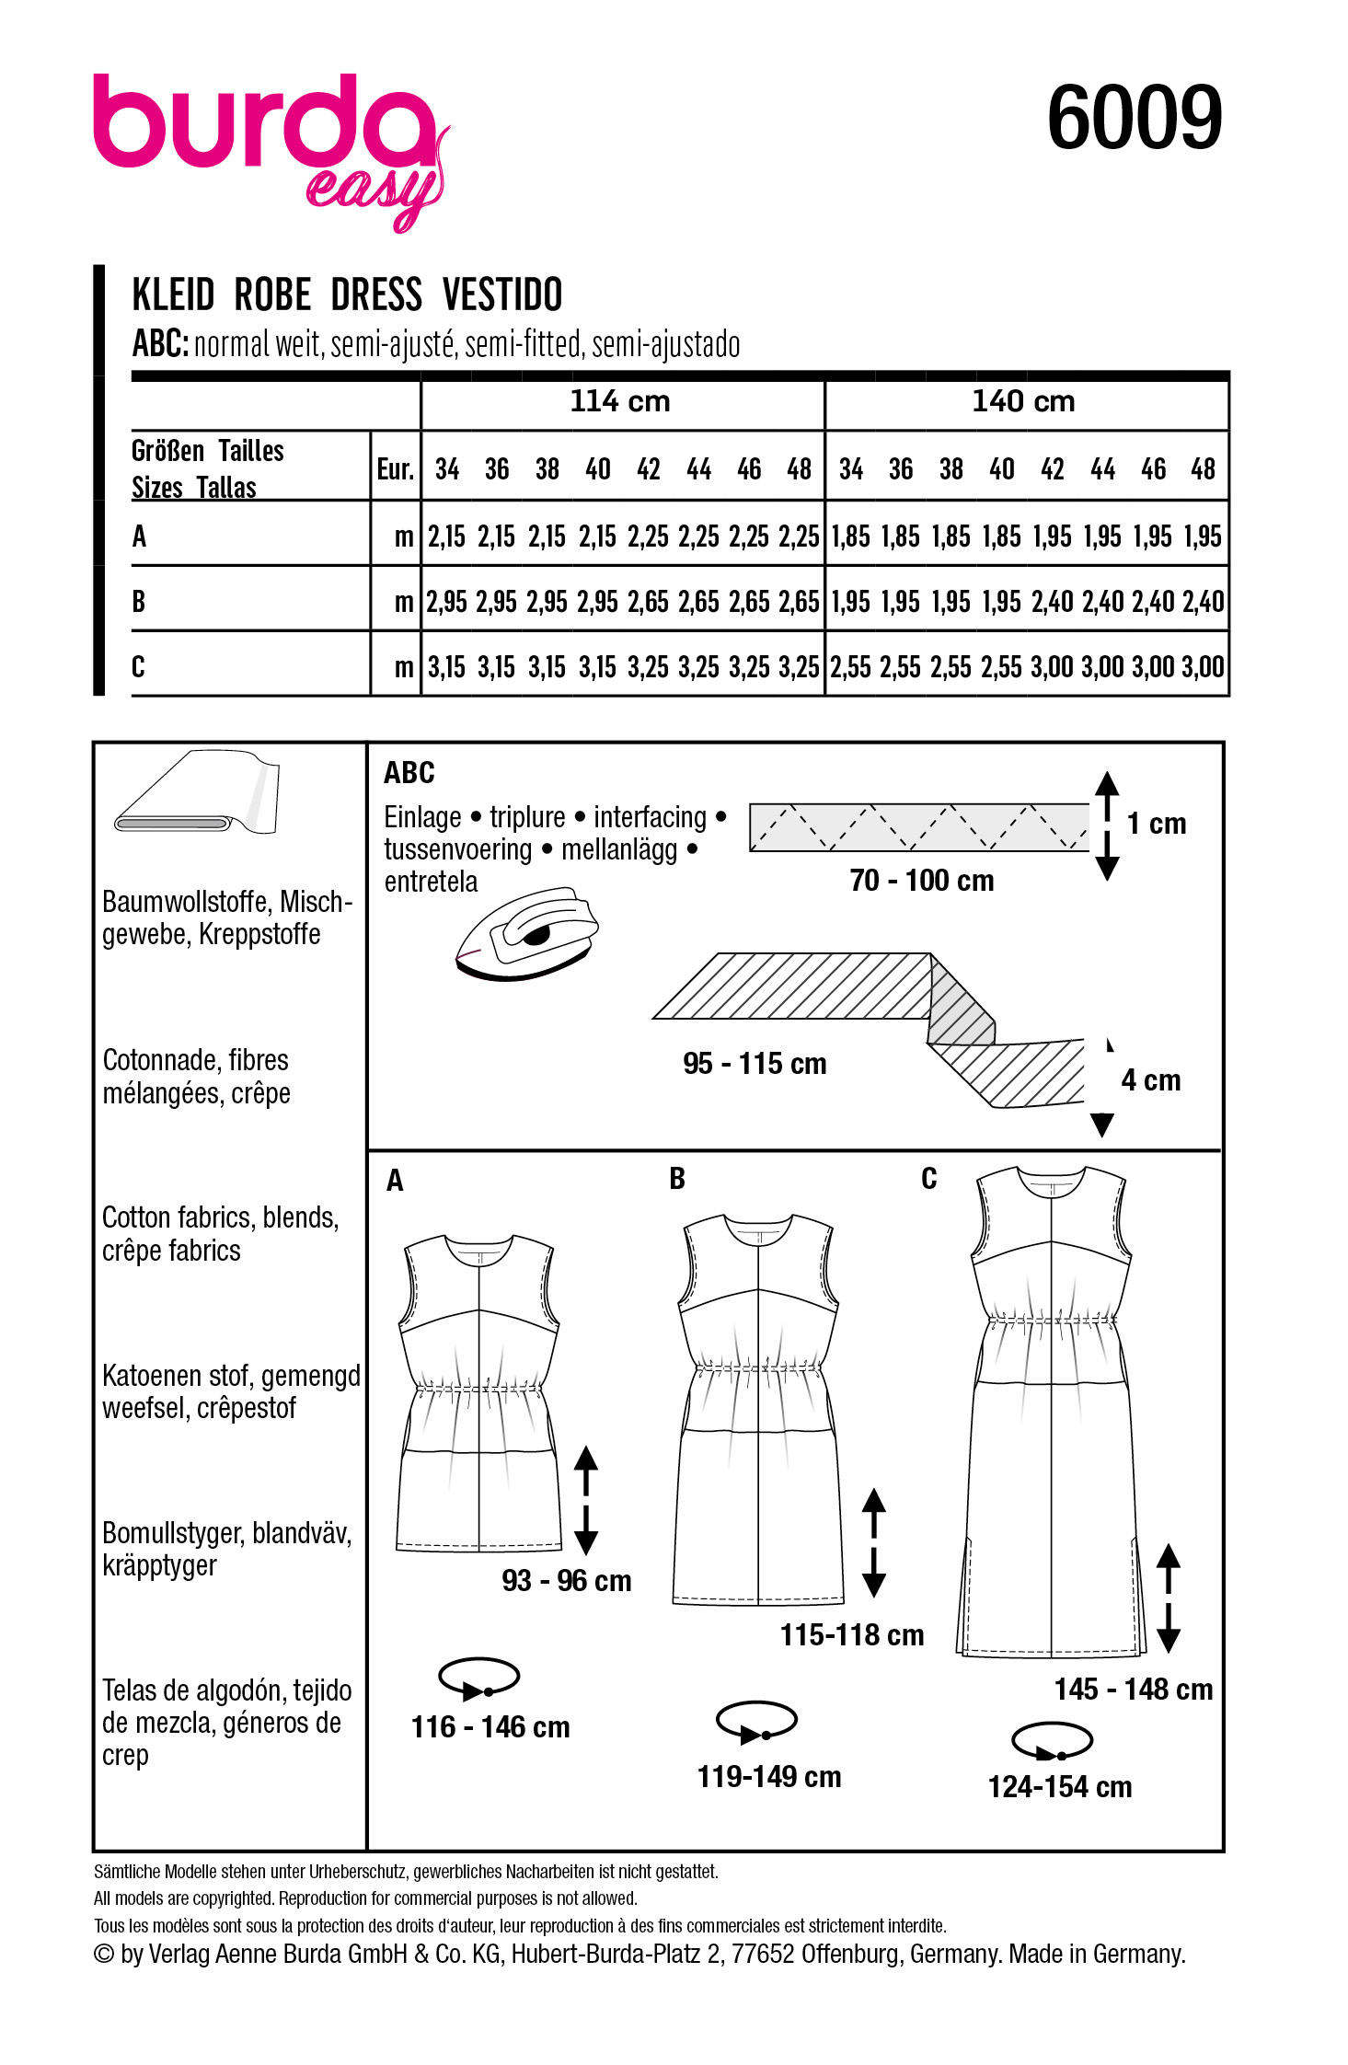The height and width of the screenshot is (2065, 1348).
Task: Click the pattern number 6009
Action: (x=1134, y=118)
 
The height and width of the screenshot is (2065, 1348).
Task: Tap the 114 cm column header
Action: (x=620, y=402)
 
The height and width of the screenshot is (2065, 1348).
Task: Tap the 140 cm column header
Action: (x=1023, y=402)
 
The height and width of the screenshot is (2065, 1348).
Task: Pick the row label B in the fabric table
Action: (x=139, y=602)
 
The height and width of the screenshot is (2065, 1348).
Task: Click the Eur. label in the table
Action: (x=395, y=469)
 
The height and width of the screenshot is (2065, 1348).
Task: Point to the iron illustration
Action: (x=526, y=933)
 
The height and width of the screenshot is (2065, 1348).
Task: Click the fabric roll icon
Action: (x=197, y=792)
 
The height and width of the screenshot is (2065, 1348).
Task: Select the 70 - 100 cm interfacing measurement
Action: (x=922, y=881)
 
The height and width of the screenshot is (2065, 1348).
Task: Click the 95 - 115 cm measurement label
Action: (x=755, y=1064)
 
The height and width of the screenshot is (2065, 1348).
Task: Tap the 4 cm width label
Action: (x=1150, y=1080)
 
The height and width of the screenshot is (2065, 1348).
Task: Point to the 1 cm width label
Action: (x=1157, y=824)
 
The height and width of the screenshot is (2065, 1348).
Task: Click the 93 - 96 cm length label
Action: (x=567, y=1581)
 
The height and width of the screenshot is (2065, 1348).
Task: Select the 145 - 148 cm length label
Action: (x=1134, y=1690)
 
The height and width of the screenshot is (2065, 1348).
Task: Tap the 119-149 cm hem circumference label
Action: (x=769, y=1777)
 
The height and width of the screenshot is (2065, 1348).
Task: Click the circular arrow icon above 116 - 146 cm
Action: (x=479, y=1679)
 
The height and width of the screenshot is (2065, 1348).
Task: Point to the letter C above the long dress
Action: (x=929, y=1179)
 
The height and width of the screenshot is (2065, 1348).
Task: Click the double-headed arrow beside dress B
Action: (x=874, y=1542)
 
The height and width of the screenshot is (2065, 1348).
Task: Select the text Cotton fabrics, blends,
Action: (x=221, y=1218)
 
